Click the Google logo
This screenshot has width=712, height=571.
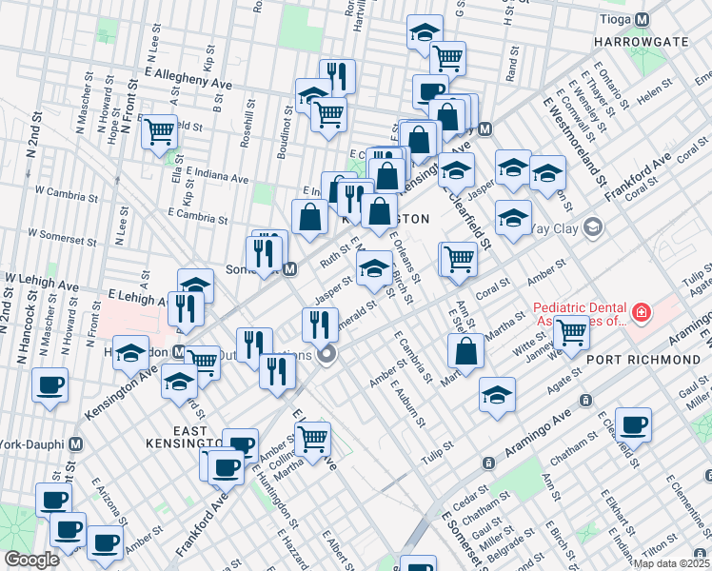pos(31,560)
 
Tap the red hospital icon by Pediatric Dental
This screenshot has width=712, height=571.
pos(641,312)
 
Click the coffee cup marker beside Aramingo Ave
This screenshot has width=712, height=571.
pos(633,426)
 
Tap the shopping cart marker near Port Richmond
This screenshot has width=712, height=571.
pos(571,334)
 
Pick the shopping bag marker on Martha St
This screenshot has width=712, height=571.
pos(465,353)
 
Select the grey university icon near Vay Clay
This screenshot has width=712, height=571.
pos(593,226)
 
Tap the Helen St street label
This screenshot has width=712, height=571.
pos(656,94)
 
